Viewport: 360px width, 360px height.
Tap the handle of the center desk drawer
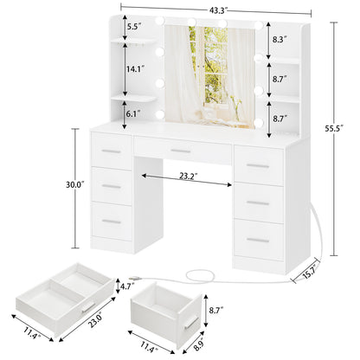pos(180,151)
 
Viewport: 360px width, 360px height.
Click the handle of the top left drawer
pos(112,152)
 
